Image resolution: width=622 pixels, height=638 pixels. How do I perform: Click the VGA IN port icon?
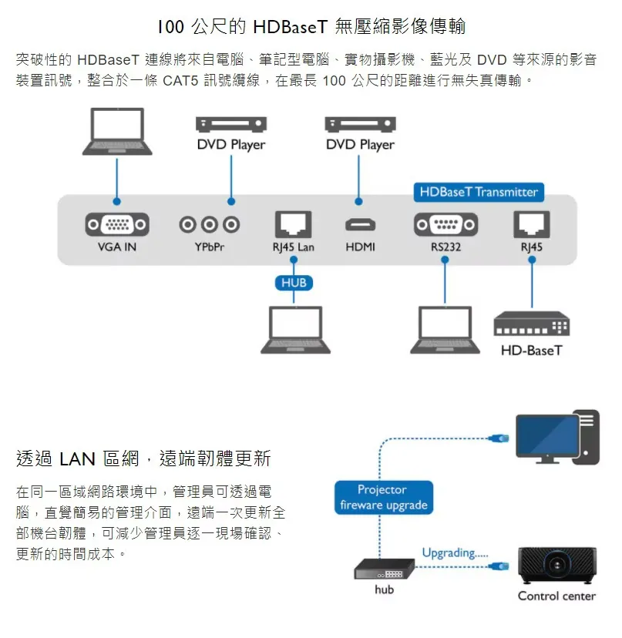tap(117, 224)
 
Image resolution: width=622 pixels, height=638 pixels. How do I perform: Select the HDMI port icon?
tap(360, 225)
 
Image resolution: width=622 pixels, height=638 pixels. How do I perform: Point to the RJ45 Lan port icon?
tap(294, 224)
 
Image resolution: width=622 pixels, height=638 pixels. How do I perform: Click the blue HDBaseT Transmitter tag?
tap(479, 192)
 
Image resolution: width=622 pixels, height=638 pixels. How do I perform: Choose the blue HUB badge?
tap(294, 283)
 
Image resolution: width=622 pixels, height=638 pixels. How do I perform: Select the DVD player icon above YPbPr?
tap(230, 124)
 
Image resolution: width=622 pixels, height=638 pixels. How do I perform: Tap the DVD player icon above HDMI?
tap(360, 124)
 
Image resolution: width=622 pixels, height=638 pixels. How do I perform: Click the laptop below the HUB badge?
tap(294, 330)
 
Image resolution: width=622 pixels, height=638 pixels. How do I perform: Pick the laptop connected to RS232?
tap(445, 330)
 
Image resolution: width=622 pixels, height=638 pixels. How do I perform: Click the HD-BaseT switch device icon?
tap(532, 324)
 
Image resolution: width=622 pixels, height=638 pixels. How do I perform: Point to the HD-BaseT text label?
tap(532, 351)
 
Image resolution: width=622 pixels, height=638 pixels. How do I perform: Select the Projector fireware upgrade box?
tap(383, 498)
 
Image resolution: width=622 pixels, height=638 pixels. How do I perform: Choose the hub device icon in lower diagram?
tap(384, 570)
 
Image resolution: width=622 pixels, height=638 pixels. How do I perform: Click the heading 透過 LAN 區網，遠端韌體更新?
tap(143, 459)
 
